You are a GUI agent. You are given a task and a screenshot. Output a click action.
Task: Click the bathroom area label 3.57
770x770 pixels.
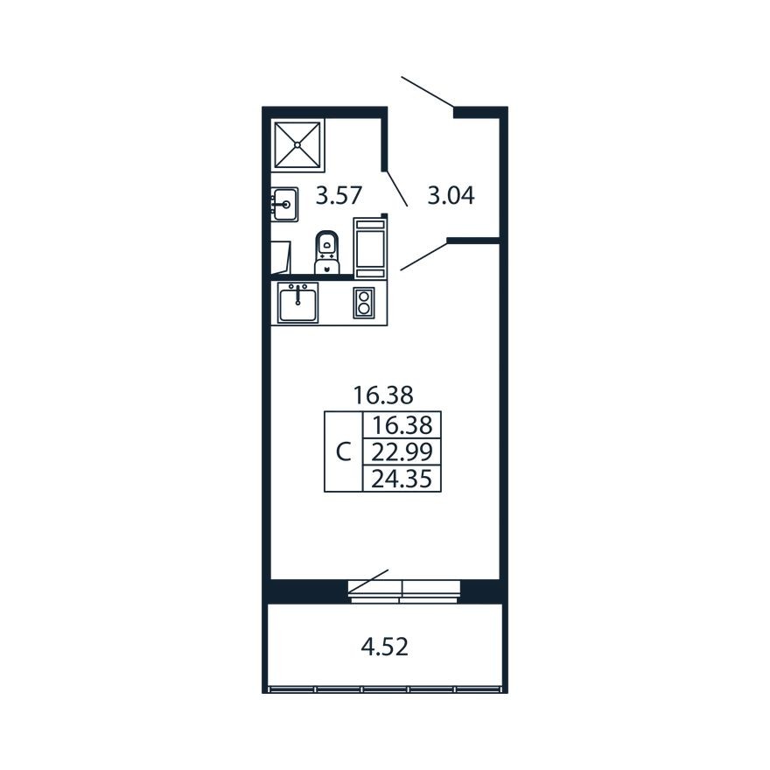pyautogui.click(x=339, y=195)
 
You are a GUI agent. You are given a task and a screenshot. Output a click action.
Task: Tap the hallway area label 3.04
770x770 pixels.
pyautogui.click(x=451, y=195)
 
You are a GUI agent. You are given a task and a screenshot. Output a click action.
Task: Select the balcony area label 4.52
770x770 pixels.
pyautogui.click(x=384, y=647)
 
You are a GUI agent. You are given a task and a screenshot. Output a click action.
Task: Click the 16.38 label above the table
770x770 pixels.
pyautogui.click(x=383, y=395)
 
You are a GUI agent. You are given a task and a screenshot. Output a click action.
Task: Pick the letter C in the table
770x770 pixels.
pyautogui.click(x=343, y=452)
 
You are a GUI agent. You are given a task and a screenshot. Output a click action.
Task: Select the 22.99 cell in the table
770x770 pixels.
pyautogui.click(x=402, y=451)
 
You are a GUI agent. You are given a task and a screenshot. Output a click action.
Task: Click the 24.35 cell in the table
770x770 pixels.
pyautogui.click(x=402, y=479)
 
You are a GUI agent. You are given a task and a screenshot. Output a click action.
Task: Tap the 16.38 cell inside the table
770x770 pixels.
pyautogui.click(x=402, y=425)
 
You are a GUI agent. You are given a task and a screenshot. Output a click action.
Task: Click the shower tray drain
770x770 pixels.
pyautogui.click(x=297, y=145)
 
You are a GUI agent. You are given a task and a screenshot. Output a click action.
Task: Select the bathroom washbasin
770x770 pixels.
pyautogui.click(x=285, y=204)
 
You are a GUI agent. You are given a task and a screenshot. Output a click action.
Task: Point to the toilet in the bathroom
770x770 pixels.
pyautogui.click(x=327, y=252)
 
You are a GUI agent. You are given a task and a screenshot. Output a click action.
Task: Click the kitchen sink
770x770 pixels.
pyautogui.click(x=297, y=303)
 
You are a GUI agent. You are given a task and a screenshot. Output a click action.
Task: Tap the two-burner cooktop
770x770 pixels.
pyautogui.click(x=364, y=303)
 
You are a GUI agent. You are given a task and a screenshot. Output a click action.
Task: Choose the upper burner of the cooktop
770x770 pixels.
pyautogui.click(x=364, y=297)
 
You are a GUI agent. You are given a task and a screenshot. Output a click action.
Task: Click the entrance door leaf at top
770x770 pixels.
pyautogui.click(x=427, y=92)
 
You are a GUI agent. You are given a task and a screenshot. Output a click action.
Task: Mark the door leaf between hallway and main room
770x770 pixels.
pyautogui.click(x=424, y=255)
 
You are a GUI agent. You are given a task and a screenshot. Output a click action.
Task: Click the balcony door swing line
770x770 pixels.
pyautogui.click(x=368, y=581)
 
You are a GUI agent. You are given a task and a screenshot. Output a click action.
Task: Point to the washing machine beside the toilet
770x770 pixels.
pyautogui.click(x=370, y=248)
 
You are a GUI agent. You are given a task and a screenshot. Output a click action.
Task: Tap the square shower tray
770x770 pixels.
pyautogui.click(x=297, y=145)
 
